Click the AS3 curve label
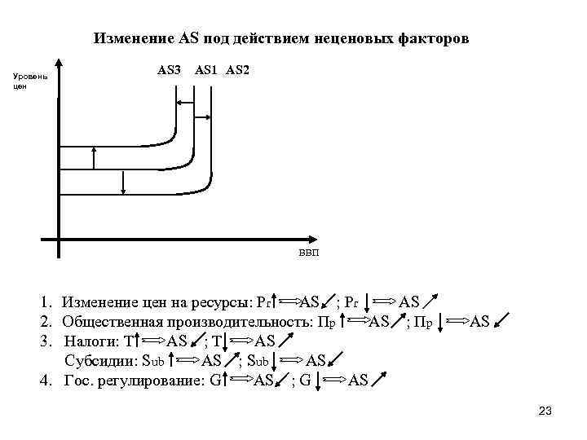pos(169,70)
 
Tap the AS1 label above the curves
pos(205,70)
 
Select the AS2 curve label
pos(237,70)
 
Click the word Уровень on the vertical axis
pos(32,77)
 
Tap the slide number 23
pos(545,411)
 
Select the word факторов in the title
pos(432,38)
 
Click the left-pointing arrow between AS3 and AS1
pos(185,103)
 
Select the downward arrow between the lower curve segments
pos(123,182)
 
